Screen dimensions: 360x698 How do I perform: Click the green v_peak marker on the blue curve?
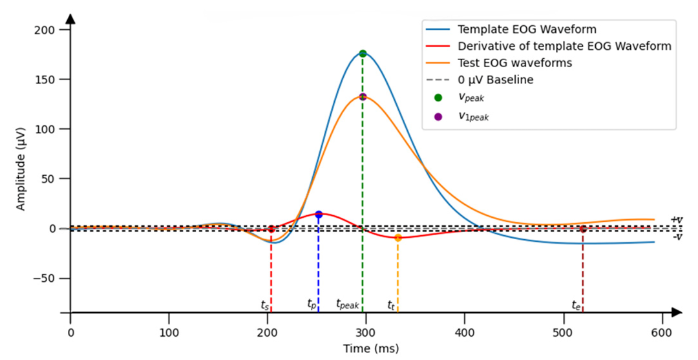coord(363,54)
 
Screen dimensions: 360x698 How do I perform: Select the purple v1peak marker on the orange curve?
coord(363,97)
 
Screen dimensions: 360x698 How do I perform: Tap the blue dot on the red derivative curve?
coord(319,214)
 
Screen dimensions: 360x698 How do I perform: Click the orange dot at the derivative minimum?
coord(398,238)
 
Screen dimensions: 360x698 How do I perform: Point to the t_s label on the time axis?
coord(265,304)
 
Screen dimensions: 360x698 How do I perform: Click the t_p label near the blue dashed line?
coord(312,304)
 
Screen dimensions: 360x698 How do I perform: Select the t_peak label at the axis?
coord(348,304)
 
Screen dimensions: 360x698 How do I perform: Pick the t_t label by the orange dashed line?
coord(391,304)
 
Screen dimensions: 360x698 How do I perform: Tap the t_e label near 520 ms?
coord(576,304)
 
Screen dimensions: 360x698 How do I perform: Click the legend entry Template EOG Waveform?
coord(527,29)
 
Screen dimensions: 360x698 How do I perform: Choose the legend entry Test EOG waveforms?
coord(514,63)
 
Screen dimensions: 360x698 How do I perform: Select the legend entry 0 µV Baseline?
coord(495,80)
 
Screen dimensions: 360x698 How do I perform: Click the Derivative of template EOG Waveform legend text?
coord(564,47)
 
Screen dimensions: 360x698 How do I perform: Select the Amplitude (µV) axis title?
coord(21,169)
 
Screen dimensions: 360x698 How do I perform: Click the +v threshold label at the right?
coord(676,220)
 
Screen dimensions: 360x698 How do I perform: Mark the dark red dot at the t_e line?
coord(583,229)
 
